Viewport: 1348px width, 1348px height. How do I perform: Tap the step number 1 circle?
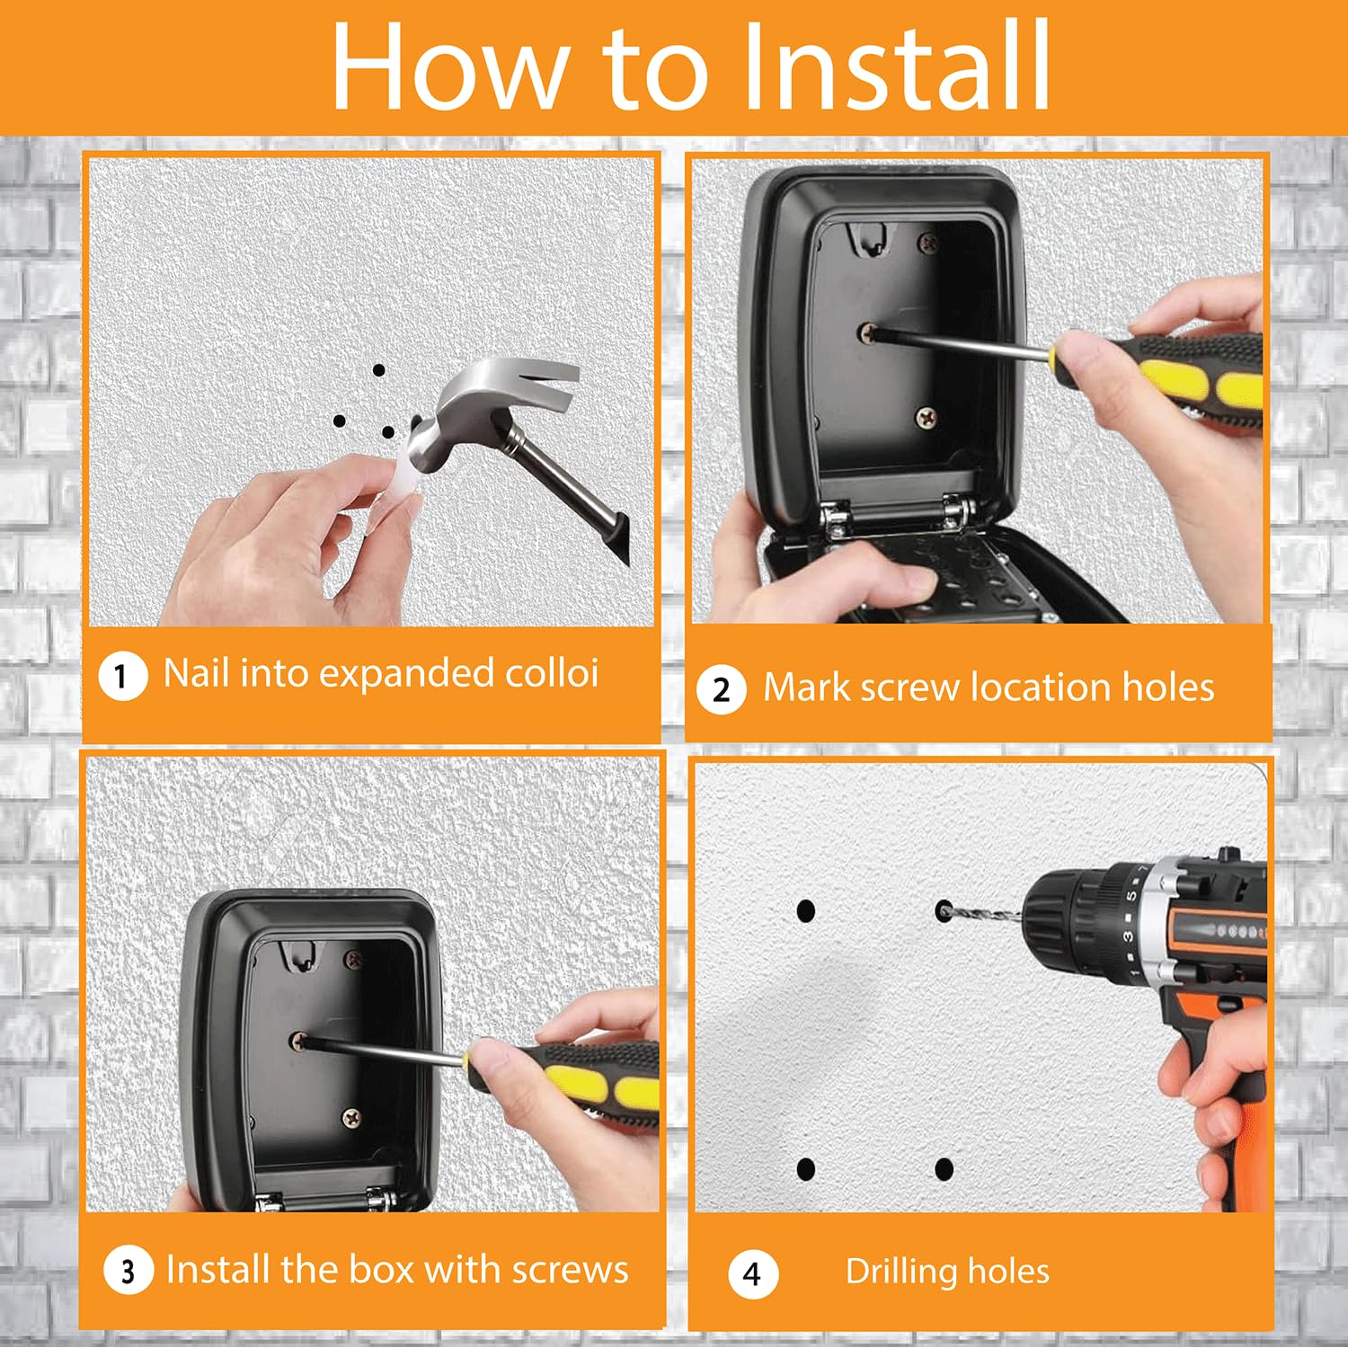point(122,675)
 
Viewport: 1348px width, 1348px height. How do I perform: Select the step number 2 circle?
point(721,690)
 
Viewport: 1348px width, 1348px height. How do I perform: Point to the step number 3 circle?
point(128,1271)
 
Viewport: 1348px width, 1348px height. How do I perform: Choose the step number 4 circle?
point(752,1273)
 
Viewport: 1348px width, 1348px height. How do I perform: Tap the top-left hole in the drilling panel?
point(806,911)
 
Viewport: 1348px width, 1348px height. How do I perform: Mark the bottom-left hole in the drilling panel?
point(806,1169)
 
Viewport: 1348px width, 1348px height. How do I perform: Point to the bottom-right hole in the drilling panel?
point(944,1169)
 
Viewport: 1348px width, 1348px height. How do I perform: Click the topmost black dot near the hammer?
point(379,370)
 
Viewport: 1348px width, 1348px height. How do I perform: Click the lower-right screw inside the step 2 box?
point(926,416)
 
